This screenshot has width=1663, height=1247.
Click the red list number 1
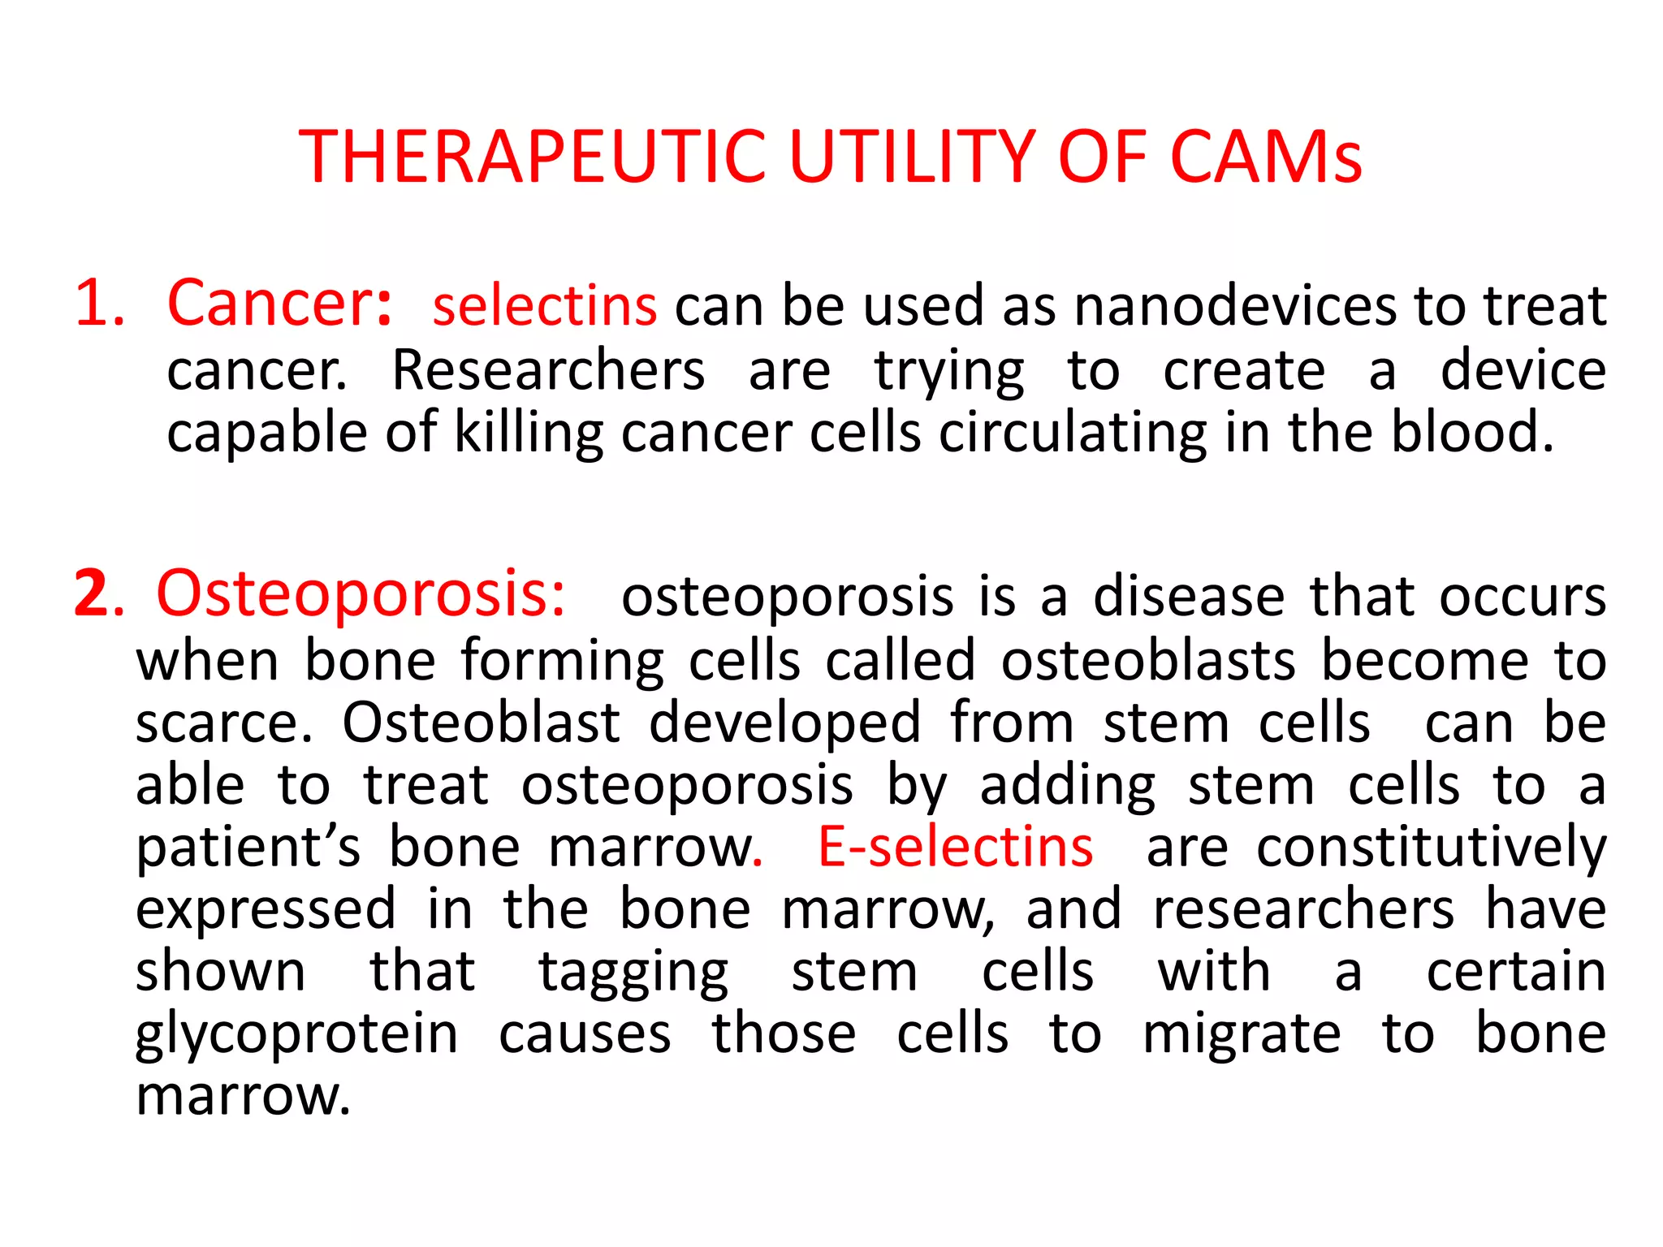[98, 304]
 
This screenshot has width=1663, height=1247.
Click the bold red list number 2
[92, 594]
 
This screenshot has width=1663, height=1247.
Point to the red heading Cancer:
[280, 304]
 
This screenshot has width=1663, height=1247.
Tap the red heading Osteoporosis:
[361, 594]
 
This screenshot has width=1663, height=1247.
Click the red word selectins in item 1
[544, 307]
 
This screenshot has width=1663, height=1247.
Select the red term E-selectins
[955, 847]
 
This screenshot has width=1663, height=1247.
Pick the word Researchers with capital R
[548, 370]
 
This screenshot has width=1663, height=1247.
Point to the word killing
[529, 433]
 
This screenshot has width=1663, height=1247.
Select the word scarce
[222, 723]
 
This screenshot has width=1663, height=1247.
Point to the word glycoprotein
[297, 1035]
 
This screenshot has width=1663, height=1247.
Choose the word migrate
[1242, 1035]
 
